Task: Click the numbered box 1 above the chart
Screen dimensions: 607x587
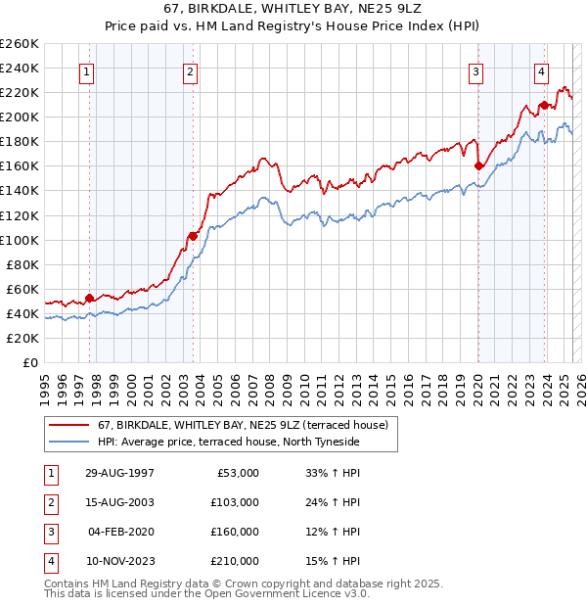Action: pyautogui.click(x=88, y=70)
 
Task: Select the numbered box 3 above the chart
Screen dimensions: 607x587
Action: pyautogui.click(x=475, y=70)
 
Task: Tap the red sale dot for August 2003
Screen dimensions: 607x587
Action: pyautogui.click(x=193, y=235)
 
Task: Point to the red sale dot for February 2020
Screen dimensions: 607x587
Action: pyautogui.click(x=478, y=165)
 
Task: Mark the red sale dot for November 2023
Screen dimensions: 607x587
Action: pyautogui.click(x=543, y=104)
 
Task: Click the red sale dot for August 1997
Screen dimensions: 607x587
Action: pyautogui.click(x=89, y=298)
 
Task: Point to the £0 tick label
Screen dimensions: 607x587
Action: pyautogui.click(x=29, y=362)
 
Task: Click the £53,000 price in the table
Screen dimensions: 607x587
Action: pyautogui.click(x=236, y=473)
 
